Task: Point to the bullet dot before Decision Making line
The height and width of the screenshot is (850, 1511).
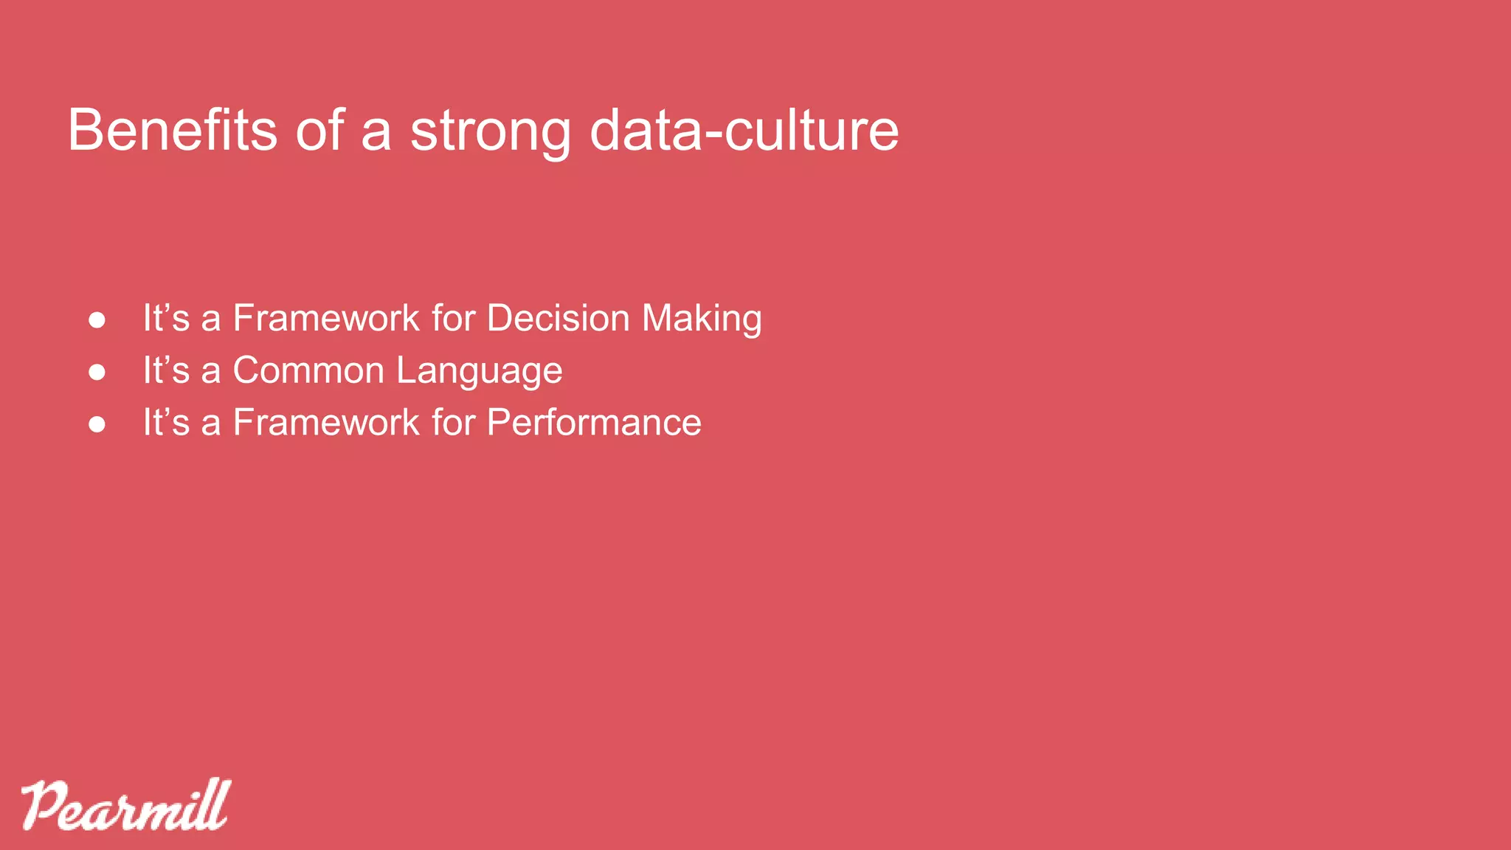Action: [97, 319]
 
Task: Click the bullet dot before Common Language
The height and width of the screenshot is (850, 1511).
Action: [97, 372]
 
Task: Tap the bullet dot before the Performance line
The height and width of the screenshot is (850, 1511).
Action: [97, 424]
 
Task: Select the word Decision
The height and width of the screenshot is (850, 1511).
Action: [559, 318]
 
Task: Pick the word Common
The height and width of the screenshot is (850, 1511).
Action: [308, 370]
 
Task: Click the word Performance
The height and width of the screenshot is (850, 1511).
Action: [594, 423]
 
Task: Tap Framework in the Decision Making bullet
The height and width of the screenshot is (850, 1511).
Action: [326, 318]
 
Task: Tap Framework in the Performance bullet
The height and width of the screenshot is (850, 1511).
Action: [326, 423]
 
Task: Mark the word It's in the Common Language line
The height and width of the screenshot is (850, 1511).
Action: [166, 370]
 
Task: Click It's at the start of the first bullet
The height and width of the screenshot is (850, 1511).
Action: [166, 318]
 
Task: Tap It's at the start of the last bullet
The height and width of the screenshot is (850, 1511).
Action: [166, 423]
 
